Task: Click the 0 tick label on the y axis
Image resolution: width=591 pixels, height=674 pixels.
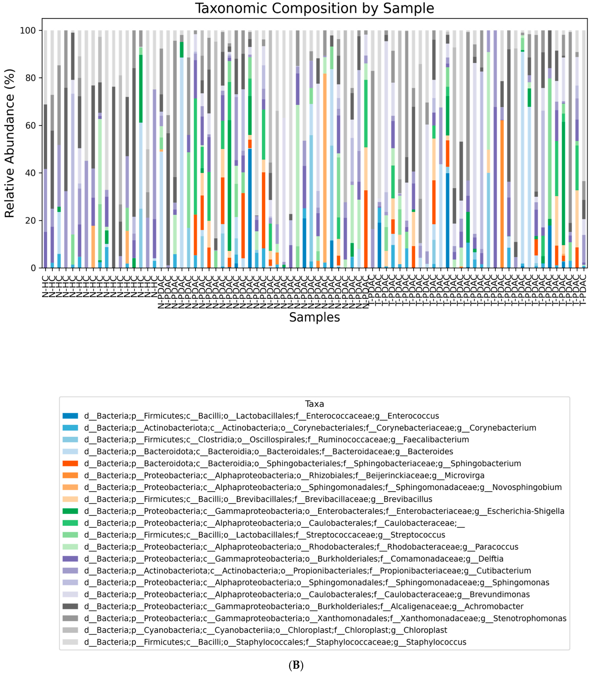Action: coord(33,268)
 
